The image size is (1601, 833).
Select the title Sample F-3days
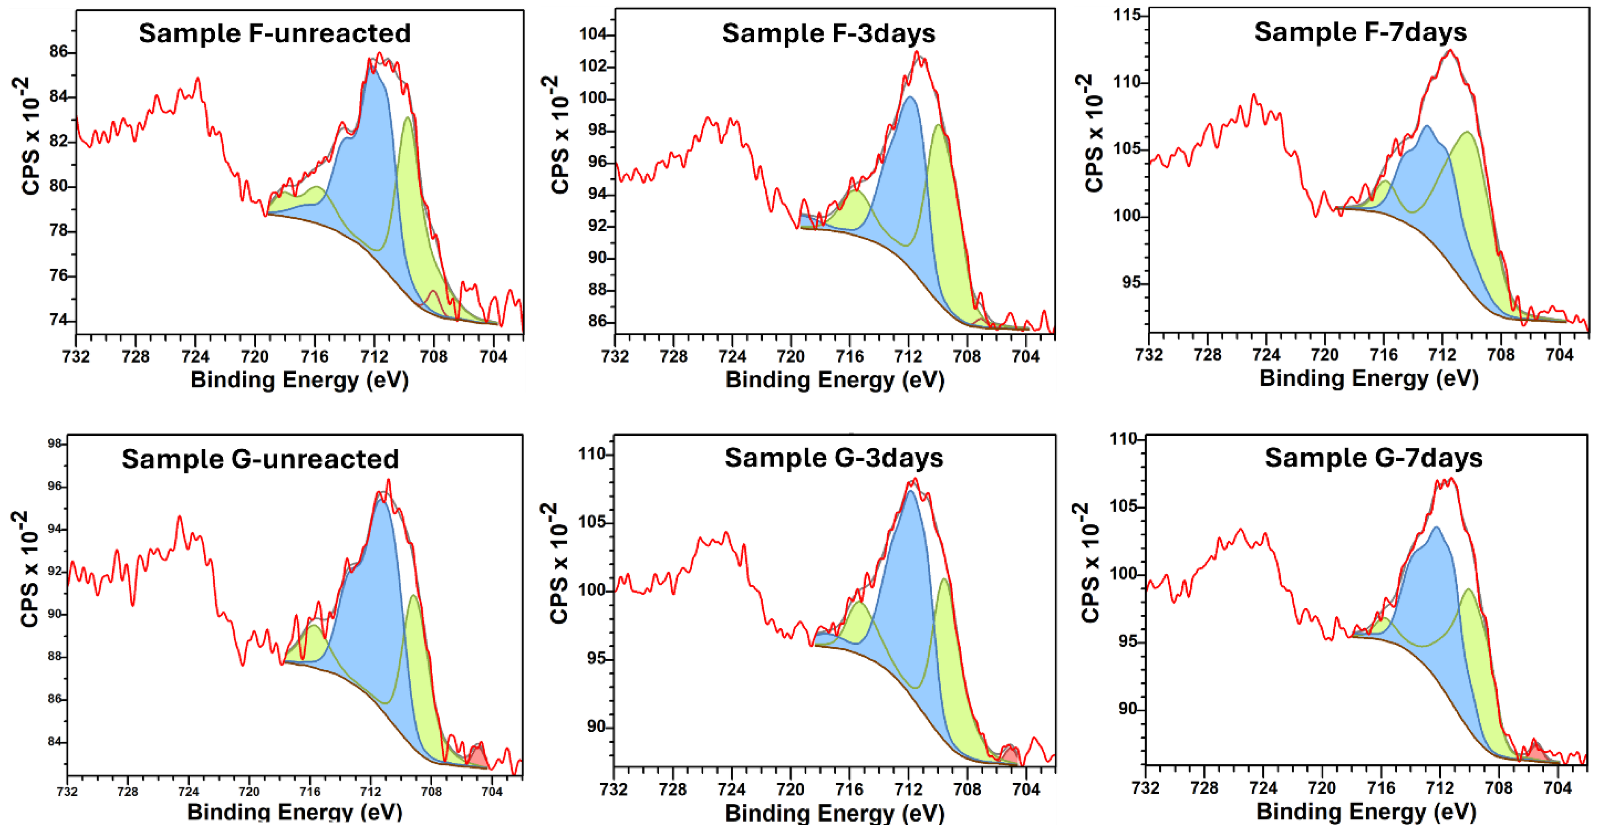(828, 33)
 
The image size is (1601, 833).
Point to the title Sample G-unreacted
(260, 459)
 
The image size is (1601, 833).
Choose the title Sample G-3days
(833, 458)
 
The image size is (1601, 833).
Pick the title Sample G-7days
(1374, 458)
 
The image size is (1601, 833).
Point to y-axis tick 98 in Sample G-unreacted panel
(55, 443)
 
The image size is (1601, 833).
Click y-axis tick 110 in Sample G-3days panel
(592, 454)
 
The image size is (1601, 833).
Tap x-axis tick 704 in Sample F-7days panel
(1559, 355)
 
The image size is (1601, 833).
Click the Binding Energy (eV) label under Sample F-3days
(834, 379)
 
